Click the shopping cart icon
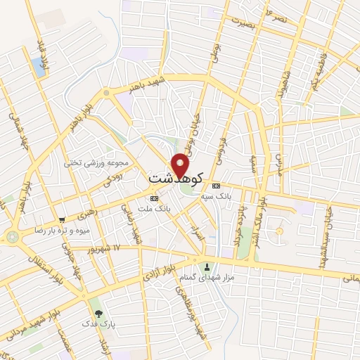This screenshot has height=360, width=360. pyautogui.click(x=62, y=219)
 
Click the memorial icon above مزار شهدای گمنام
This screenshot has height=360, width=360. pyautogui.click(x=207, y=266)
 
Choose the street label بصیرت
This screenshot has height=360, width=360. pyautogui.click(x=243, y=22)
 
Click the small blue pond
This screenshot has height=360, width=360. pyautogui.click(x=37, y=67)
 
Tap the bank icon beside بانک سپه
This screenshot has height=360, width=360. pyautogui.click(x=216, y=185)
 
